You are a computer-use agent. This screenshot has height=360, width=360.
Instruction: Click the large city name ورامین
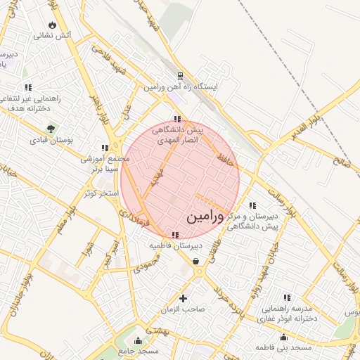tap(207, 217)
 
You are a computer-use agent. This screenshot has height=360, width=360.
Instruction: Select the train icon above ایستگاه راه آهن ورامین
tap(181, 76)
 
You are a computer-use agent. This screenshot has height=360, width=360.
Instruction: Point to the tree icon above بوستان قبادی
tap(51, 129)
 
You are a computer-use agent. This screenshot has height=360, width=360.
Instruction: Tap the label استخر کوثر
tap(98, 193)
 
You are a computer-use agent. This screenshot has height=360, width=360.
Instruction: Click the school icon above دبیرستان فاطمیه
tap(175, 235)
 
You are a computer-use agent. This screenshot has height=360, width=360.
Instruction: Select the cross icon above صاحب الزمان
tap(184, 298)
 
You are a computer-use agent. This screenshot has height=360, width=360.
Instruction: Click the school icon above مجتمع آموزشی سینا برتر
tap(105, 148)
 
